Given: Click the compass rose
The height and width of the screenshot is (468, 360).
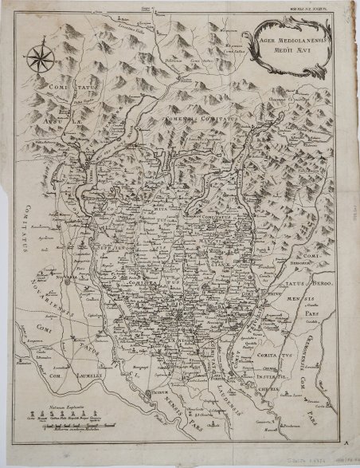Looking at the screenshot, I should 39,58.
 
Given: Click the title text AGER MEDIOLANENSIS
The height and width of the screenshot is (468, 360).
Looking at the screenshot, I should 299,35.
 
